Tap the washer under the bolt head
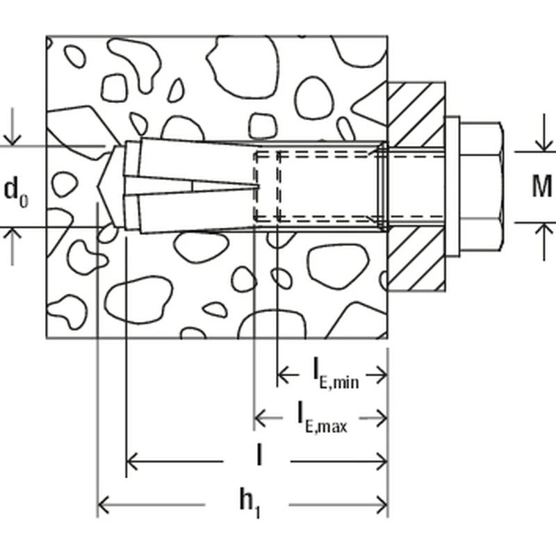[x=452, y=186]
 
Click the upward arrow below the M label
[x=541, y=230]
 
